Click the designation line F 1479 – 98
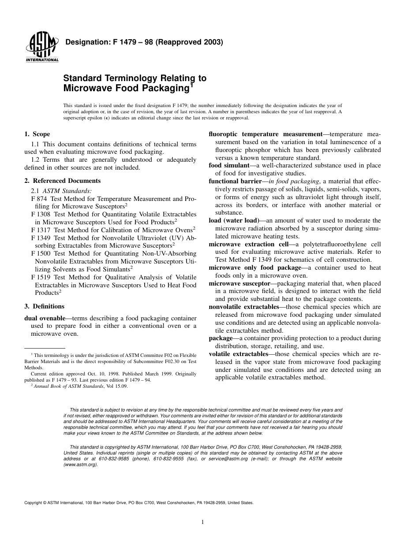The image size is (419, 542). click(x=144, y=43)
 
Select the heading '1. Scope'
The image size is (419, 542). click(x=37, y=134)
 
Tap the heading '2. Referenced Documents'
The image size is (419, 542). click(x=62, y=181)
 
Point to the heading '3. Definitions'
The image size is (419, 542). click(x=44, y=306)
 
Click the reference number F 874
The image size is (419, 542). click(x=39, y=199)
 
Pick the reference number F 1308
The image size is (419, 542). click(x=41, y=214)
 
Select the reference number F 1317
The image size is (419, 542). click(x=41, y=230)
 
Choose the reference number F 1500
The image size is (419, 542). click(x=41, y=253)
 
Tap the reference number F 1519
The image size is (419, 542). click(x=41, y=277)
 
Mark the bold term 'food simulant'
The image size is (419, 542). click(x=229, y=166)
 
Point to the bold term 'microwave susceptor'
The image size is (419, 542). click(x=239, y=283)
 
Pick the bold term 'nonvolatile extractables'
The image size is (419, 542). click(x=244, y=307)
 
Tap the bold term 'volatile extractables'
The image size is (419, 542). click(x=238, y=354)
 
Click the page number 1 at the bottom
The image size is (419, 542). click(x=202, y=522)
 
